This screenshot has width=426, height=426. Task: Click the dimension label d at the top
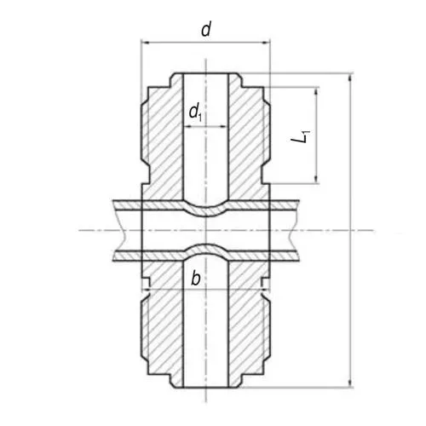pyautogui.click(x=205, y=30)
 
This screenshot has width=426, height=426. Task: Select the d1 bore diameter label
pyautogui.click(x=195, y=110)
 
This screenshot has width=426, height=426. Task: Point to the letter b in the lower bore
pyautogui.click(x=196, y=277)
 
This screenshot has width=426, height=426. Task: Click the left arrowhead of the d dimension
pyautogui.click(x=144, y=42)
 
